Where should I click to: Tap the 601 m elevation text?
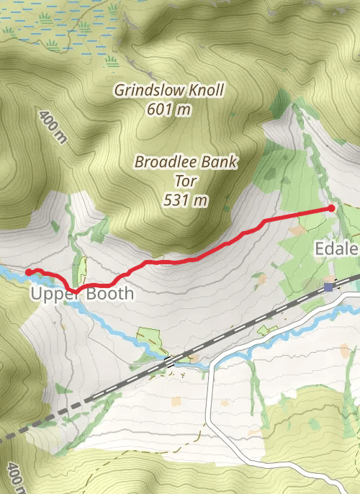pyautogui.click(x=168, y=109)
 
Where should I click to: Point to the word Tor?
pyautogui.click(x=185, y=181)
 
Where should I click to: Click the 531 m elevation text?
pyautogui.click(x=185, y=199)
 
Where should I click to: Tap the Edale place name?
pyautogui.click(x=337, y=249)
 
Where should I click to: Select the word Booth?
pyautogui.click(x=109, y=295)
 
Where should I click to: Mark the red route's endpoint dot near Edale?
pyautogui.click(x=331, y=208)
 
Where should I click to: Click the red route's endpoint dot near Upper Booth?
pyautogui.click(x=28, y=272)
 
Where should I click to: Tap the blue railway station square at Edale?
pyautogui.click(x=328, y=287)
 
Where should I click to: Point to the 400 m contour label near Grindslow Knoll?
pyautogui.click(x=53, y=127)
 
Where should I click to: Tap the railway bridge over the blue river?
pyautogui.click(x=170, y=361)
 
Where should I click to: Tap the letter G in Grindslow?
pyautogui.click(x=120, y=91)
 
